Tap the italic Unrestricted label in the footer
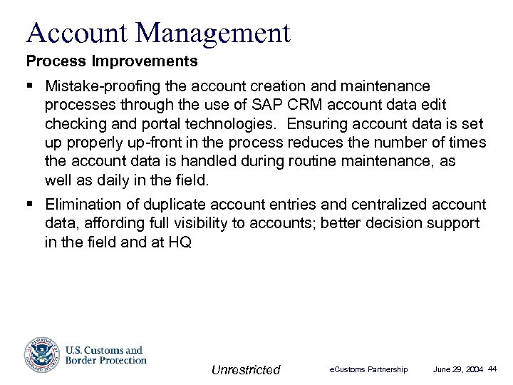(x=247, y=369)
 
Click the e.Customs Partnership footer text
(x=368, y=369)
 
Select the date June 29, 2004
(x=458, y=369)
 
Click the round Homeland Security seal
(x=41, y=354)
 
